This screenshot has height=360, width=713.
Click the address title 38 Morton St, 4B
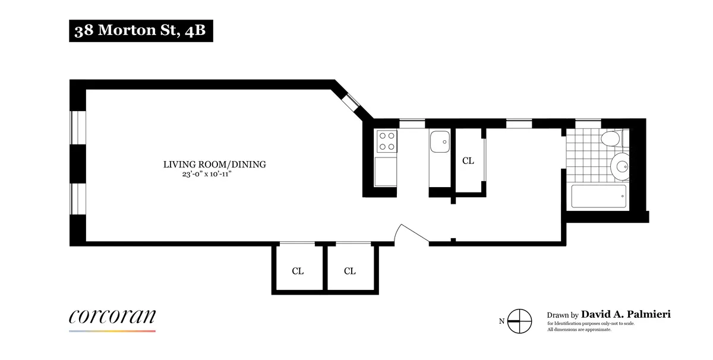140,31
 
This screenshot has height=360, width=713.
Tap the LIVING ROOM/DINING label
214,165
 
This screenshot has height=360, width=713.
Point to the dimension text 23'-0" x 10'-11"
214,175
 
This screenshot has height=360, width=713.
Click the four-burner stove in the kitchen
387,141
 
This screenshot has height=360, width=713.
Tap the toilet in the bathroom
610,140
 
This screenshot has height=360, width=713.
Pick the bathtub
599,195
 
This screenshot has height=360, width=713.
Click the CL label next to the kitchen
468,160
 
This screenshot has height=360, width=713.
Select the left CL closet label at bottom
298,271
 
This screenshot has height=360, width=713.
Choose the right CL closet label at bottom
349,271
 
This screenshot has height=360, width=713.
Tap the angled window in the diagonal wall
352,102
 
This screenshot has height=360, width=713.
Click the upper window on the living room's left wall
78,127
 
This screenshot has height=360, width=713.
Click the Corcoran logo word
112,317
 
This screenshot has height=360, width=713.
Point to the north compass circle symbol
520,321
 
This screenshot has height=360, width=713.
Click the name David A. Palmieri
626,314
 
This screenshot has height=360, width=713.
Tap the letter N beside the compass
502,321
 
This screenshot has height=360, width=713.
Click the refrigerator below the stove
387,171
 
